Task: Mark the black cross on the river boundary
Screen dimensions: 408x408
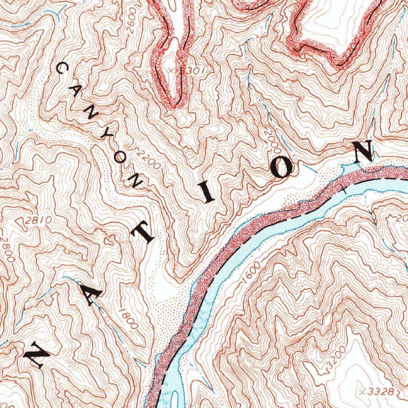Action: coord(344,190)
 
